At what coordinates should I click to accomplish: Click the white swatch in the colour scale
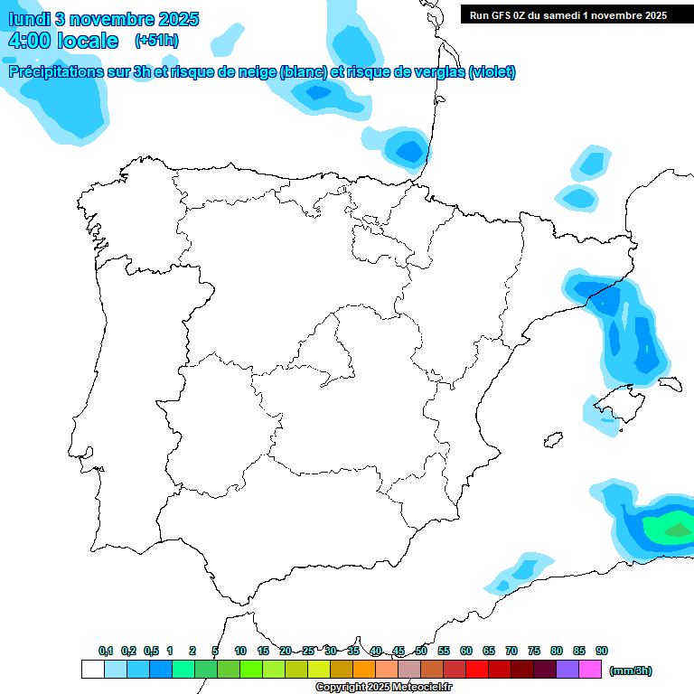pos(92,669)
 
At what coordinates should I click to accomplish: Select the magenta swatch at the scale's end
pos(590,669)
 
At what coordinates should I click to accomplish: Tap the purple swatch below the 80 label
pos(567,669)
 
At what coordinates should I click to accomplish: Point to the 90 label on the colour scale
pos(602,651)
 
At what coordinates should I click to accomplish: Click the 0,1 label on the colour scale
pos(106,651)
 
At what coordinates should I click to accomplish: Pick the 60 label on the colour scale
pos(466,651)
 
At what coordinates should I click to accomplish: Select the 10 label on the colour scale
pos(240,651)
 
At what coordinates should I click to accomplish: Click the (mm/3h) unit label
pos(631,671)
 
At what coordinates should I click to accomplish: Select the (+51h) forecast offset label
pos(157,40)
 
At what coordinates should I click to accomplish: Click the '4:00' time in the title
pos(28,41)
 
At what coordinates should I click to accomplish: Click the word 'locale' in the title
pos(88,41)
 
